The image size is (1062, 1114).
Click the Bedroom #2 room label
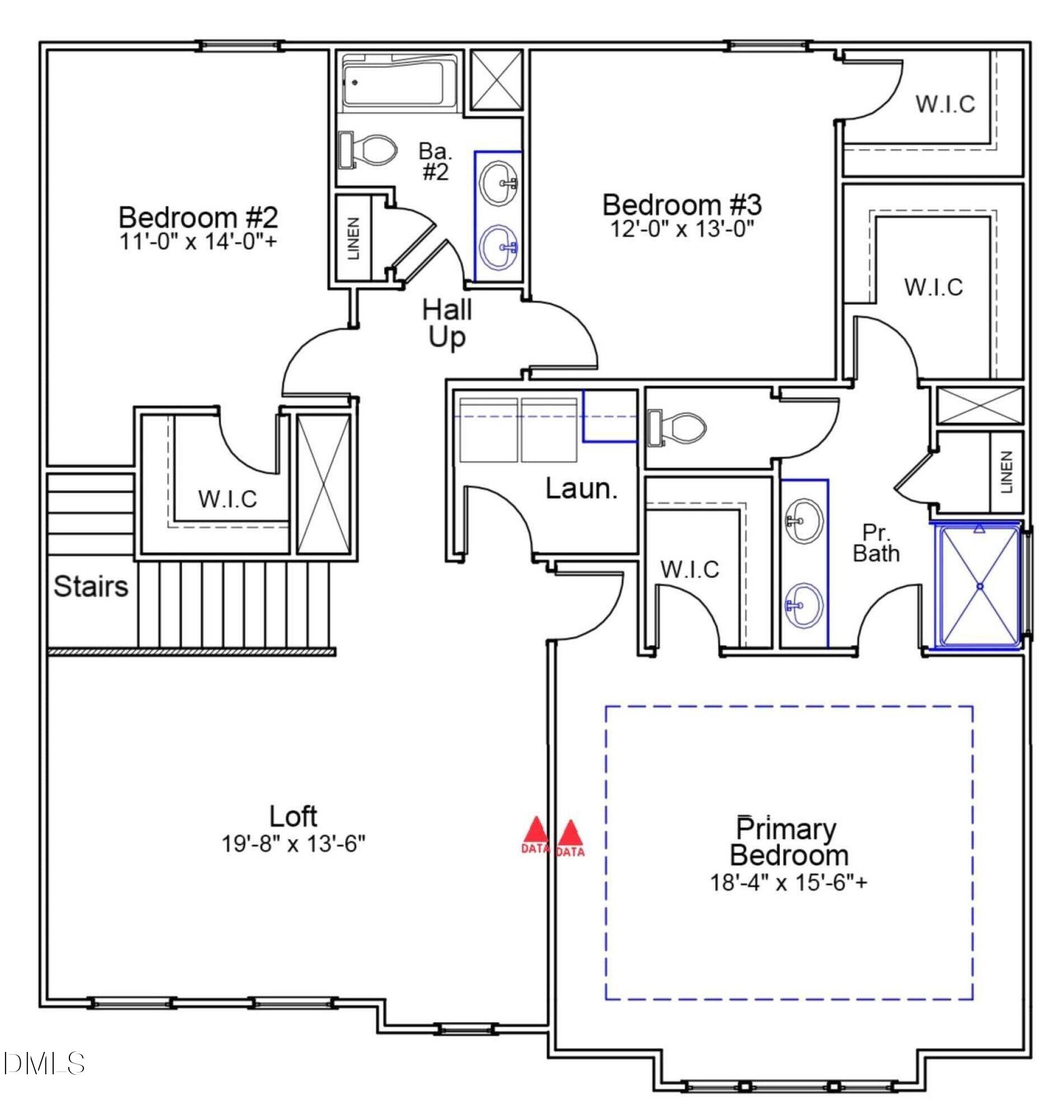pyautogui.click(x=198, y=217)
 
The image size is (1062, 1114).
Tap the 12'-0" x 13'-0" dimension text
pyautogui.click(x=681, y=229)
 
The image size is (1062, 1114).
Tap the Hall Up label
pyautogui.click(x=447, y=323)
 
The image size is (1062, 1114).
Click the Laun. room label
pyautogui.click(x=581, y=488)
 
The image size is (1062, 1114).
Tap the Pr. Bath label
pyautogui.click(x=876, y=543)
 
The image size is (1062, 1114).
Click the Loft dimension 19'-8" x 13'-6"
pyautogui.click(x=293, y=844)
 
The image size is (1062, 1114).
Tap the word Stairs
pyautogui.click(x=91, y=586)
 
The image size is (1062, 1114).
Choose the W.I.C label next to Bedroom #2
pyautogui.click(x=227, y=499)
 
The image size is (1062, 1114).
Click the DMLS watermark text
pyautogui.click(x=44, y=1064)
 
